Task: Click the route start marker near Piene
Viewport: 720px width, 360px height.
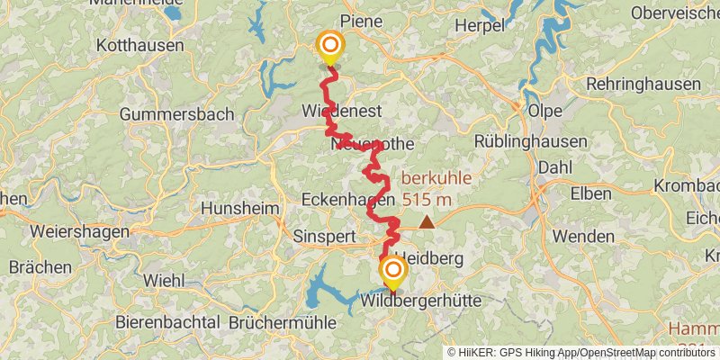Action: pyautogui.click(x=330, y=46)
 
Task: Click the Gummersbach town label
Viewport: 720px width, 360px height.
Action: pyautogui.click(x=176, y=114)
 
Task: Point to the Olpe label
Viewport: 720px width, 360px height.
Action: pyautogui.click(x=544, y=111)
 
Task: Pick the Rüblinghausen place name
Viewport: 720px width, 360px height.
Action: pyautogui.click(x=531, y=141)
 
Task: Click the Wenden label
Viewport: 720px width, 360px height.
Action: pyautogui.click(x=583, y=236)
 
